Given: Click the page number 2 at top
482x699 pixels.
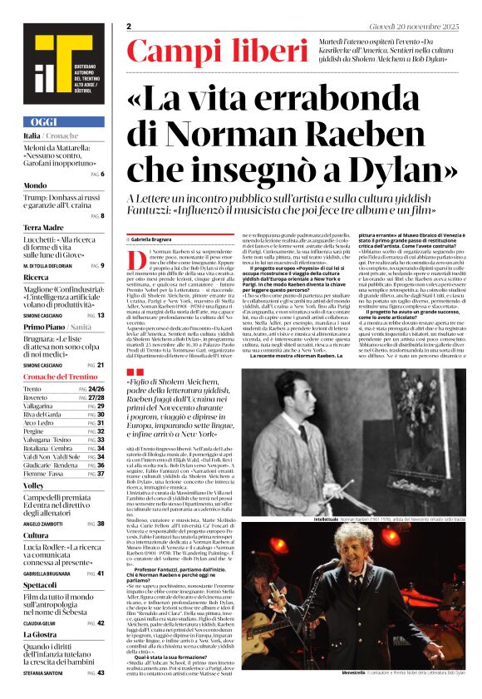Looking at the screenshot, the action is click(x=130, y=26).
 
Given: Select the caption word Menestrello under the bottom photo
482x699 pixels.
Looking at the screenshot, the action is click(x=327, y=672).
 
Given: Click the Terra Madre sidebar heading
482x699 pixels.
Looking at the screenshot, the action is click(x=43, y=227).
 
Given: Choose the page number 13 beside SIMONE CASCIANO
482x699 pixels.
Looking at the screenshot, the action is click(x=101, y=315).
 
